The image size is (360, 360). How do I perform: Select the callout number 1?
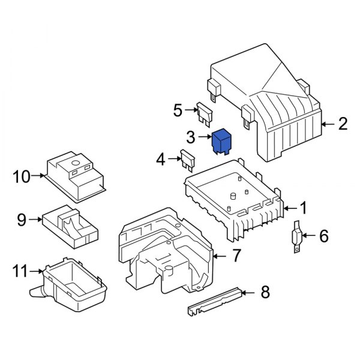pos(304,208)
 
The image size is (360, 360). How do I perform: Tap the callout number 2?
pos(343,125)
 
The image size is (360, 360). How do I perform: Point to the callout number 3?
pos(191,138)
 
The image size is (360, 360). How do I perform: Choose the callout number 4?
pos(160,160)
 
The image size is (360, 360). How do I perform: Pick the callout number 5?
pos(178,110)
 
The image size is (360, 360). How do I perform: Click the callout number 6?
pos(323,236)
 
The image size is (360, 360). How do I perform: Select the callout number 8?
pos(264,293)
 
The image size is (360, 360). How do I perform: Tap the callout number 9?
pos(22,220)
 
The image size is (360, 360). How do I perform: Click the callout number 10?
pos(22,176)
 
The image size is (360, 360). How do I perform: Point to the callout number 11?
pos(21,271)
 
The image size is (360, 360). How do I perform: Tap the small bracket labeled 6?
pos(296,238)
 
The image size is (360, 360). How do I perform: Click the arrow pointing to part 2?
pos(327,125)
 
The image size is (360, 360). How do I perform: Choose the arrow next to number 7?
pos(220,257)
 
